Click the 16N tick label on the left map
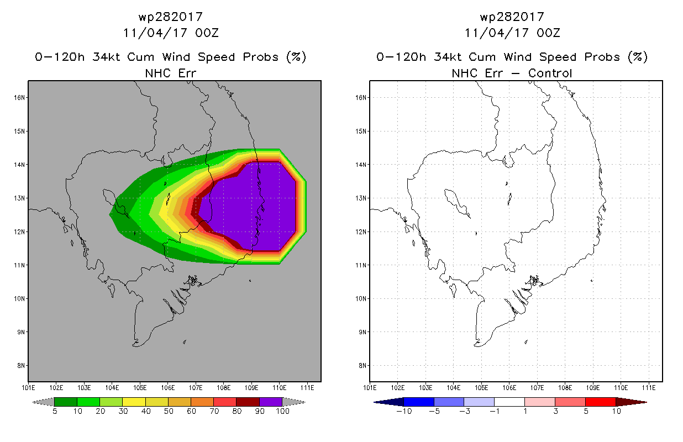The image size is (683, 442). [19, 98]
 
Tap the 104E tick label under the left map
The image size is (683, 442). [112, 388]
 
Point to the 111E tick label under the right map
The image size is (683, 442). [649, 388]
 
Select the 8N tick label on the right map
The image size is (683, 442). [362, 366]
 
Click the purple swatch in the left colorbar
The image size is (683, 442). [271, 402]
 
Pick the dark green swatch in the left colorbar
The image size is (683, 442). [66, 402]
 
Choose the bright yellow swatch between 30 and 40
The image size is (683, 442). [134, 402]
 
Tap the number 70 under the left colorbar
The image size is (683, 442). [214, 411]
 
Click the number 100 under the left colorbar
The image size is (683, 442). [282, 411]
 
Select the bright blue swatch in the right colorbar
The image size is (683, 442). [419, 402]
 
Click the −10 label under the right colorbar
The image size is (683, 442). [404, 411]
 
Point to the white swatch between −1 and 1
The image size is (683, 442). [509, 402]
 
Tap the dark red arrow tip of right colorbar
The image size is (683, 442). [646, 402]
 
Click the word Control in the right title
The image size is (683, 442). [550, 73]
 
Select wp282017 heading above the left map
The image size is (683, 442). [171, 17]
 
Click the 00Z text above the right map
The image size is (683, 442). [548, 33]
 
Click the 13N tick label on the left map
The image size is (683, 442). [19, 198]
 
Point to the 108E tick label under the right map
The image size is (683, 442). [565, 388]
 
